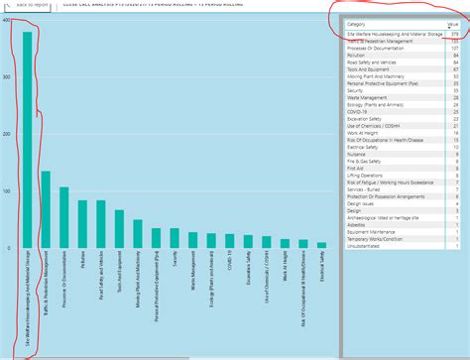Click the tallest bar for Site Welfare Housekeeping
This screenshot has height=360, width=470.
(x=27, y=139)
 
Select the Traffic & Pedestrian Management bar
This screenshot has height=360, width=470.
(x=46, y=209)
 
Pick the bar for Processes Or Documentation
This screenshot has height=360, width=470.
(x=64, y=217)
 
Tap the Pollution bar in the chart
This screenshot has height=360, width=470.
(x=82, y=224)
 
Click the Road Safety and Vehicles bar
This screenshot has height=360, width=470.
(x=100, y=224)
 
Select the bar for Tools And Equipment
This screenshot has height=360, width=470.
(x=119, y=229)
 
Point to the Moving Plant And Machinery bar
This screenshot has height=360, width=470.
(x=137, y=234)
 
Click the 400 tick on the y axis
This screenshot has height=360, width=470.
(x=7, y=20)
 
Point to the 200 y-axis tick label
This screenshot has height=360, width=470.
(x=7, y=134)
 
